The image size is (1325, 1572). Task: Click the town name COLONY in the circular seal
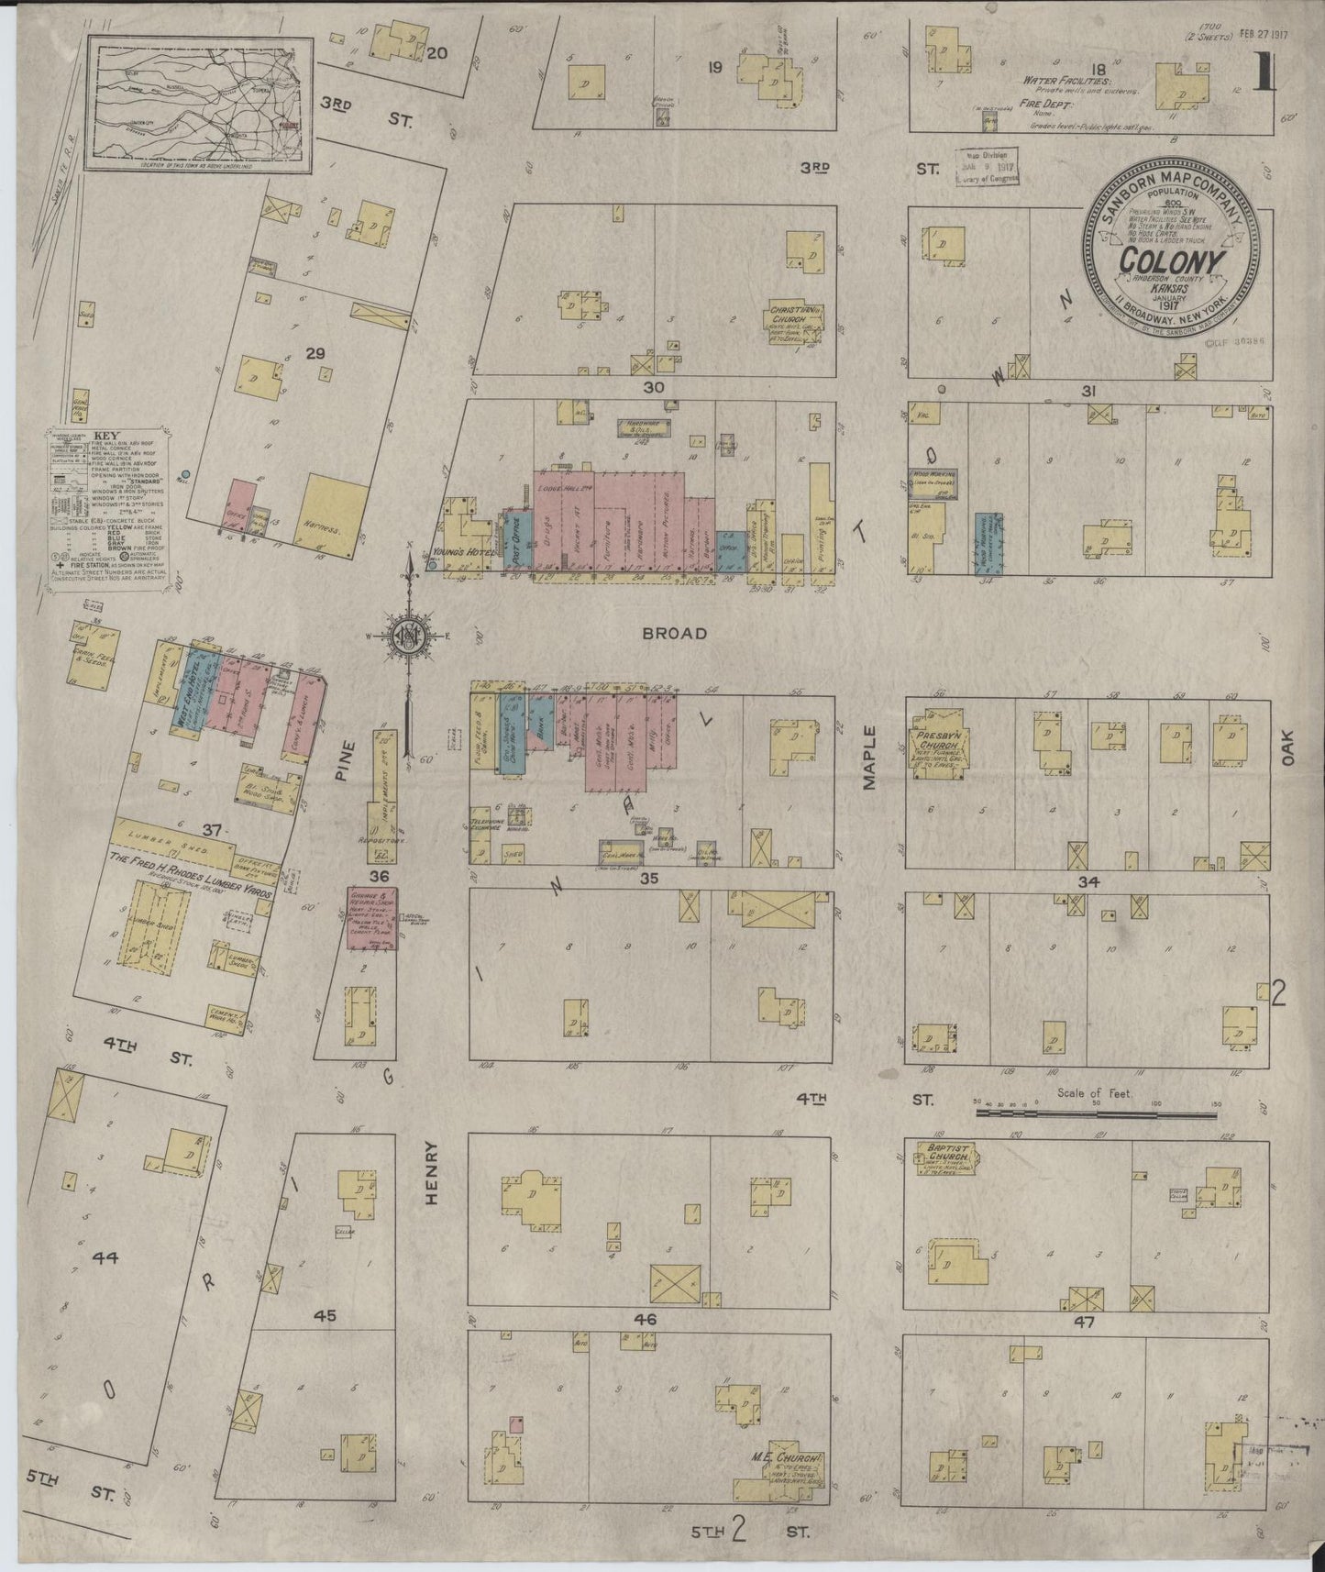pyautogui.click(x=1172, y=263)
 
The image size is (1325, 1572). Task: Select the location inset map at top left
pyautogui.click(x=198, y=104)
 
